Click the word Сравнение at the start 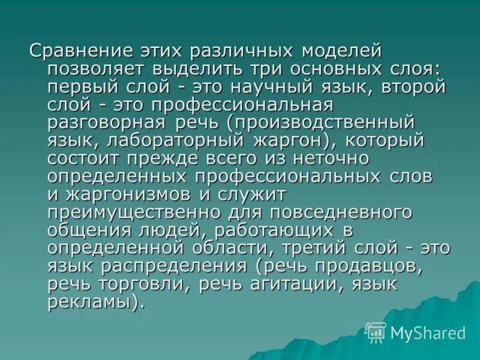[x=73, y=52]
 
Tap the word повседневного [x=341, y=214]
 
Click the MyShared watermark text [x=428, y=333]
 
